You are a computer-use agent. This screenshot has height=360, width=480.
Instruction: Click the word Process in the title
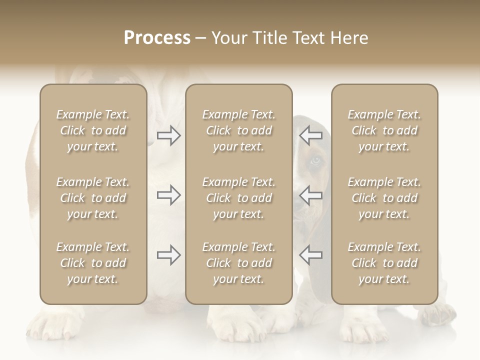[157, 38]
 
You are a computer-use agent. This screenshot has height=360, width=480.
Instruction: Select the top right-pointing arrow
[169, 135]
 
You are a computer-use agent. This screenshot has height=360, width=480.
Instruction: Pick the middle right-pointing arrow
[169, 195]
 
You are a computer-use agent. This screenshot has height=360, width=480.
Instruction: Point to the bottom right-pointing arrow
[169, 255]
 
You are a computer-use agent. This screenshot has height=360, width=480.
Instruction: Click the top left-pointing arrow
[310, 135]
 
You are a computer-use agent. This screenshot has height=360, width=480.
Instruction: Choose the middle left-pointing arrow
[310, 195]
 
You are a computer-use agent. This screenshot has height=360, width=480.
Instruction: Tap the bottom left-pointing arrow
[310, 255]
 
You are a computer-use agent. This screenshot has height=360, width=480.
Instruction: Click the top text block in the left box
[93, 130]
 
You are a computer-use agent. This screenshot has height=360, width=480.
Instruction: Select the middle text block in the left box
[93, 198]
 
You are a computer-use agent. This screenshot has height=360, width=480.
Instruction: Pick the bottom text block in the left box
[93, 263]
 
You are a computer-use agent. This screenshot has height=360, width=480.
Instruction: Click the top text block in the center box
[238, 130]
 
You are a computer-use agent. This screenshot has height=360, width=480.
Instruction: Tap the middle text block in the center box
[238, 198]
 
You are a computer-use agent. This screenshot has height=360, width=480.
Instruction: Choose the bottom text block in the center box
[238, 263]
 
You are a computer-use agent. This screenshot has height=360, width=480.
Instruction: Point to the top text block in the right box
[384, 130]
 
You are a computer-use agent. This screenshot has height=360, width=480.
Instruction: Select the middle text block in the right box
[384, 198]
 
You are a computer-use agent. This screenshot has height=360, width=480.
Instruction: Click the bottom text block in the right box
[384, 263]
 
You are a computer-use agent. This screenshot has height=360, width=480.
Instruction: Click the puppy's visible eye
[314, 161]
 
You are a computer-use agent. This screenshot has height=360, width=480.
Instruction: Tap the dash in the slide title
[201, 38]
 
